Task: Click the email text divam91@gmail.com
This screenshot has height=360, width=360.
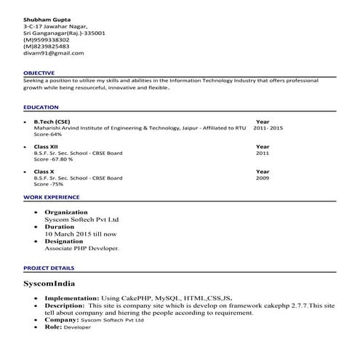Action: coord(53,53)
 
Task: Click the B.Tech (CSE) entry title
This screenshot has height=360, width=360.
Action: coord(52,121)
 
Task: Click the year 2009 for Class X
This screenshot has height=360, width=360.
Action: coord(262,178)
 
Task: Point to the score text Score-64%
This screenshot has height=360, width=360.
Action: coord(48,135)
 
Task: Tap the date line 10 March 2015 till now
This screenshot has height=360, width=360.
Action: coord(80,233)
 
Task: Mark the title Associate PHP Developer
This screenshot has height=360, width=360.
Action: coord(82,248)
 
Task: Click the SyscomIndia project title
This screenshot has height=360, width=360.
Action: coord(49,283)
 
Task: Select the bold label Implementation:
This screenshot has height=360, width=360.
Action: coord(72,298)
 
